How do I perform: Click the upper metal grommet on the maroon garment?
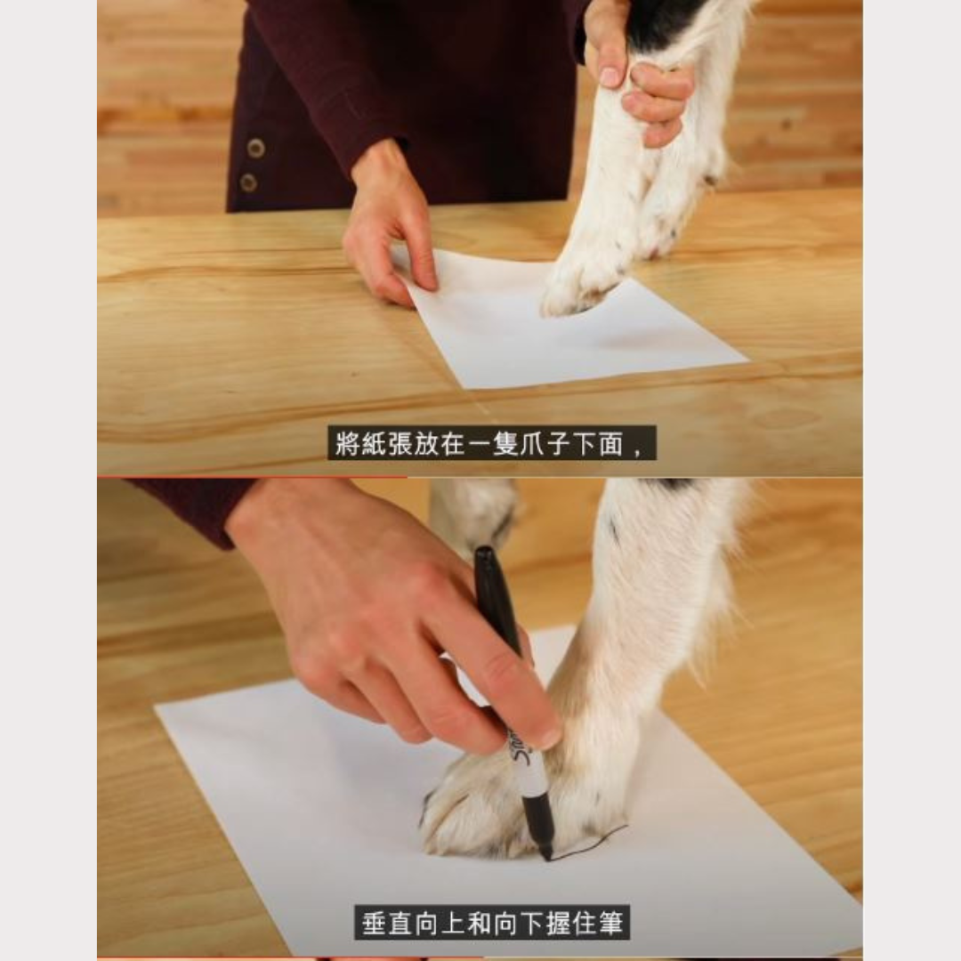(x=255, y=149)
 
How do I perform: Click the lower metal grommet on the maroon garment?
(x=248, y=182)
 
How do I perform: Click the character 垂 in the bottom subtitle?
(x=374, y=924)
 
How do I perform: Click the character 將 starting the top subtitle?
(x=347, y=444)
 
